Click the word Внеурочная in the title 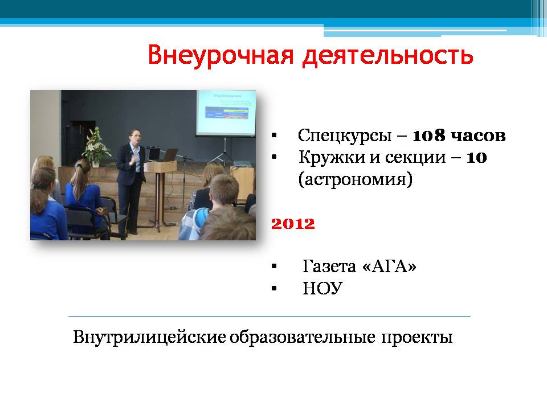click(x=221, y=55)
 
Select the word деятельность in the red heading click(x=388, y=56)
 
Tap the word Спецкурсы click(x=345, y=136)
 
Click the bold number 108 click(x=428, y=136)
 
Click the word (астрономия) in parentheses click(x=356, y=179)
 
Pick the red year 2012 click(x=293, y=223)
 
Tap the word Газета click(x=329, y=266)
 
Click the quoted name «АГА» click(x=390, y=266)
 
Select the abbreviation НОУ click(x=323, y=288)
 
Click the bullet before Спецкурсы click(x=274, y=136)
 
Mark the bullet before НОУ click(x=274, y=288)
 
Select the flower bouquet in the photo click(x=96, y=146)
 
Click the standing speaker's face click(x=135, y=137)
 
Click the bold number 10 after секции click(x=476, y=158)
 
